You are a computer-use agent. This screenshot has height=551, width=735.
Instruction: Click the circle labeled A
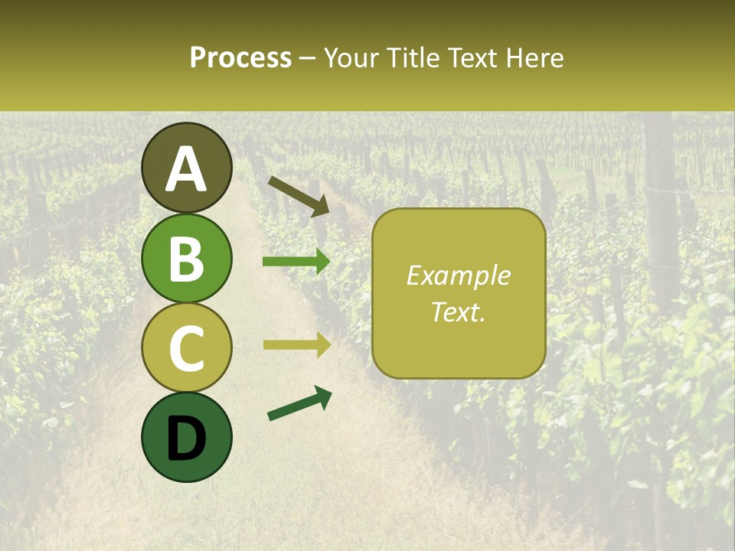click(187, 168)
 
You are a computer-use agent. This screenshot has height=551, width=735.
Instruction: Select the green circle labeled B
click(187, 258)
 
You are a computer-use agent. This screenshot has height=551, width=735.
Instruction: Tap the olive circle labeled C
click(187, 347)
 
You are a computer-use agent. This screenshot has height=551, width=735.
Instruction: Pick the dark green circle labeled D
click(187, 437)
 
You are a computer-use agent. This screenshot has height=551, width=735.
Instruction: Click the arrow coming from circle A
click(298, 195)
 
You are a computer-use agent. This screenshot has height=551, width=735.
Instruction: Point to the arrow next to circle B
click(296, 262)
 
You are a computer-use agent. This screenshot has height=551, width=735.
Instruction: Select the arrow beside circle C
click(296, 344)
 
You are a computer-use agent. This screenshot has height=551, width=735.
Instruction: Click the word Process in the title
click(240, 58)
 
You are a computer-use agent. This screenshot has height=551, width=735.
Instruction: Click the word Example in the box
click(458, 275)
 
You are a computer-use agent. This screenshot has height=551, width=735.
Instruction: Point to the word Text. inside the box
click(458, 311)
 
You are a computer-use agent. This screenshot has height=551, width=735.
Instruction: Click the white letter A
click(187, 169)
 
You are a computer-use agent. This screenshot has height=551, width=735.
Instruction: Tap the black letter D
click(187, 439)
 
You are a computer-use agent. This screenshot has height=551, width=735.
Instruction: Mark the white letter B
click(187, 259)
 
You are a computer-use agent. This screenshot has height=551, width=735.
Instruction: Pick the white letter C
click(187, 348)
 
